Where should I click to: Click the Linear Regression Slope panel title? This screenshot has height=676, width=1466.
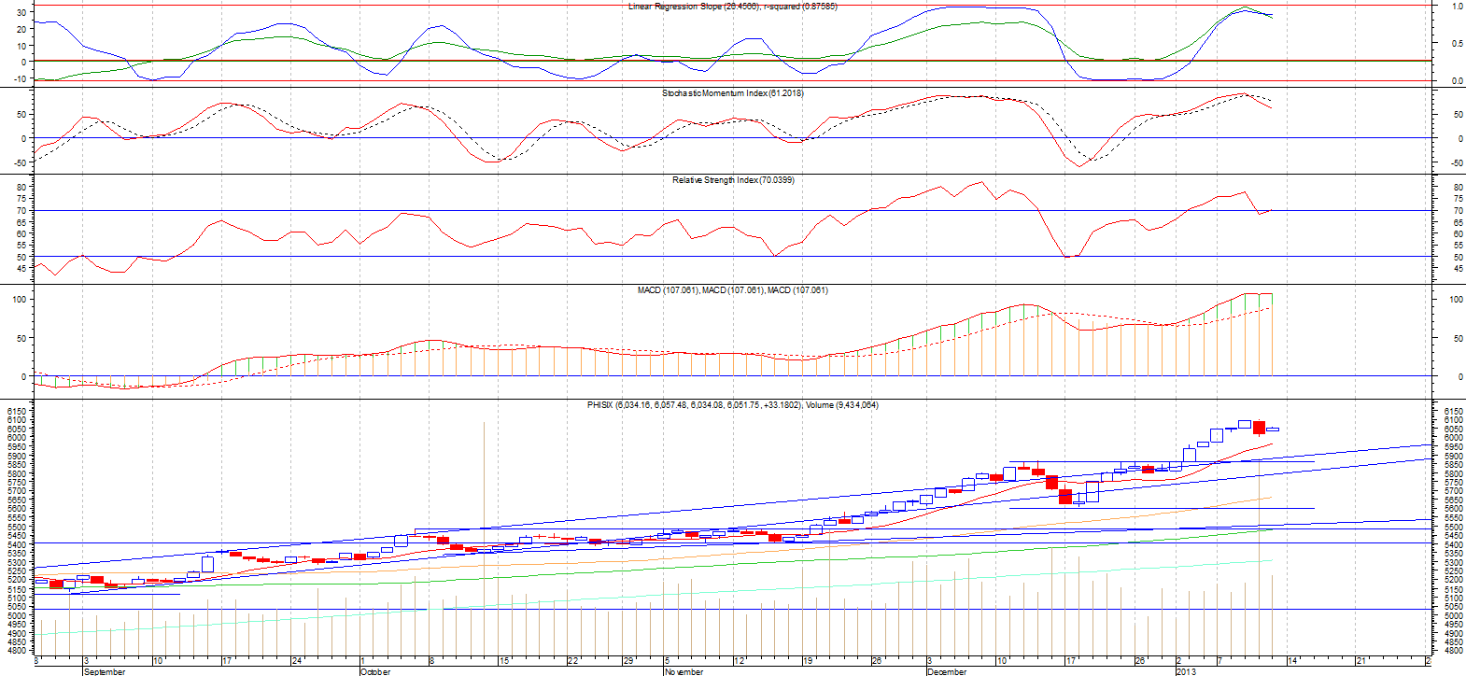(733, 7)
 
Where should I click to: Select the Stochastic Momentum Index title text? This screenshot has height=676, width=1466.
(733, 93)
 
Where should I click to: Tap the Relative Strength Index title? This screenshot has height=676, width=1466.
(733, 180)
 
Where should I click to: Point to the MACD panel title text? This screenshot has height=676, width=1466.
(733, 290)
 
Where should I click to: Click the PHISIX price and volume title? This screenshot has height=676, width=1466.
(733, 405)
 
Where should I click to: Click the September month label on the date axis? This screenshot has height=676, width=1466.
(105, 671)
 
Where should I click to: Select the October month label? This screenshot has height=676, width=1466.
(375, 671)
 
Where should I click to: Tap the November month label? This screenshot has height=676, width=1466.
(684, 671)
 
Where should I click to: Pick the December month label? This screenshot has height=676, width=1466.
(947, 671)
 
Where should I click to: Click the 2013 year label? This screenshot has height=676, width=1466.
(1185, 671)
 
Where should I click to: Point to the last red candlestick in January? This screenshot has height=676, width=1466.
(1259, 428)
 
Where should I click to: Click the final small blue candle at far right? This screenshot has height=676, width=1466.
(1273, 430)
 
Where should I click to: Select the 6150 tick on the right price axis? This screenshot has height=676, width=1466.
(1453, 411)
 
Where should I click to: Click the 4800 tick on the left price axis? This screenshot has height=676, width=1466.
(18, 652)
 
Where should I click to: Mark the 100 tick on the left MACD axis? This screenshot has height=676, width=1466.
(18, 300)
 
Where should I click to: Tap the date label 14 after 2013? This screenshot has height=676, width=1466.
(1292, 661)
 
